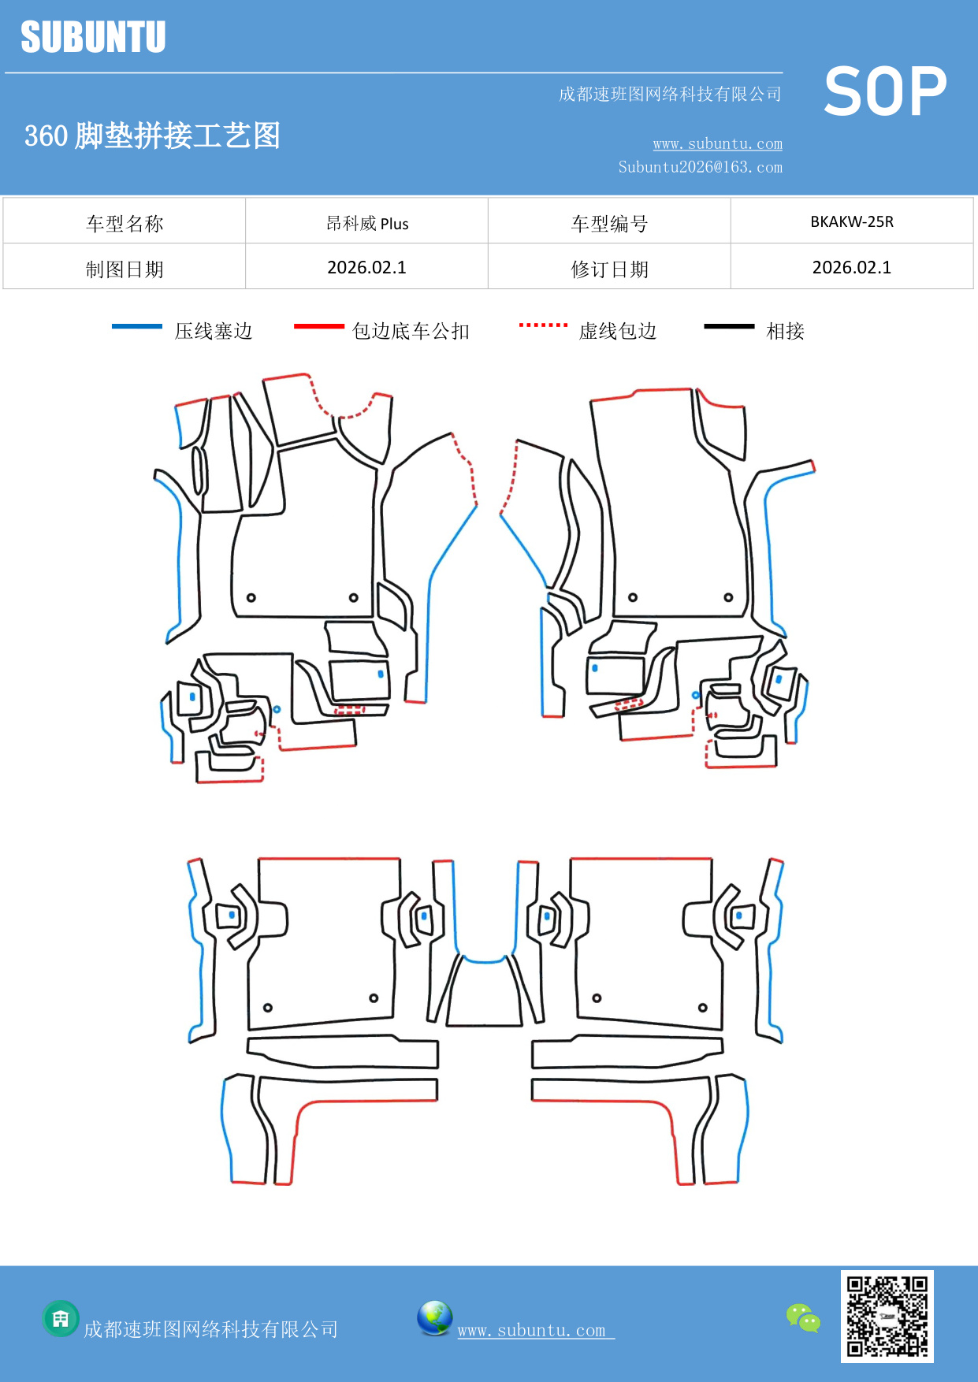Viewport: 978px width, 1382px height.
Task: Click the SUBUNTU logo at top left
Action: point(93,37)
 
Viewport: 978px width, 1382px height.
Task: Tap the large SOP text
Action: point(884,91)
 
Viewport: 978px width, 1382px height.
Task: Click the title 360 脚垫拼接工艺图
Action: point(152,136)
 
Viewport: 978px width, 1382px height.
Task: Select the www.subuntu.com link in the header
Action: point(717,143)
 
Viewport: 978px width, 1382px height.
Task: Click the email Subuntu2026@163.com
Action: point(700,167)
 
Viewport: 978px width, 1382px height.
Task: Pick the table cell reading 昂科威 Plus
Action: point(367,223)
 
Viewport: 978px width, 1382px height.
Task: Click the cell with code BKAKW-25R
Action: point(851,221)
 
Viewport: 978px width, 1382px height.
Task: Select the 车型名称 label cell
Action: point(125,224)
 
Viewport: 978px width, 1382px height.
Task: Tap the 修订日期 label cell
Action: point(609,269)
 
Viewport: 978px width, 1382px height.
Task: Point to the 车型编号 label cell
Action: point(609,224)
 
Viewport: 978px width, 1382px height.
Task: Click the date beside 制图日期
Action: point(367,267)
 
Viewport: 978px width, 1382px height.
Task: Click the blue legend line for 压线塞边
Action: point(137,326)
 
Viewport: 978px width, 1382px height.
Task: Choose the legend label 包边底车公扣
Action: point(411,331)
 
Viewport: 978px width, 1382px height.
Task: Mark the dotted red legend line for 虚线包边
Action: point(543,325)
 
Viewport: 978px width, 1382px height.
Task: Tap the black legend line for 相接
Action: point(729,326)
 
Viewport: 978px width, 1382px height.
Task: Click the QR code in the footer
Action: point(887,1316)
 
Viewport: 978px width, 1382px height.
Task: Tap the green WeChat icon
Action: point(803,1317)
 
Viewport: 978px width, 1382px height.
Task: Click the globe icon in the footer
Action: point(434,1318)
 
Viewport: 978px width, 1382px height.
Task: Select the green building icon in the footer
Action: point(61,1318)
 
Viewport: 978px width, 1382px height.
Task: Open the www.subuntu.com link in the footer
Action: point(532,1330)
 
